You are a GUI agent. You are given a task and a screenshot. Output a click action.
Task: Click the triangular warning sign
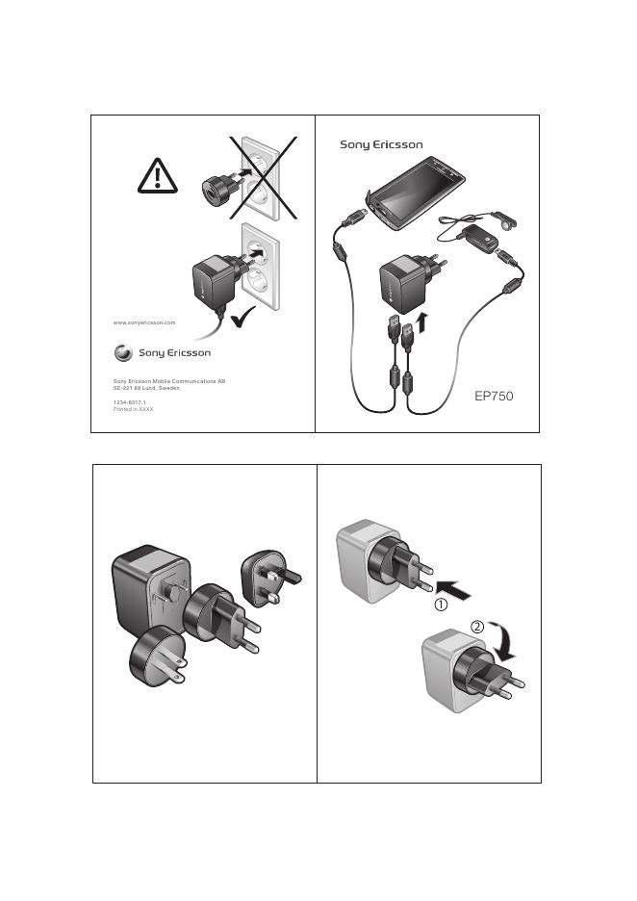tap(158, 177)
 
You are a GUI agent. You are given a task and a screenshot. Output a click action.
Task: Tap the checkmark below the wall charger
tap(242, 318)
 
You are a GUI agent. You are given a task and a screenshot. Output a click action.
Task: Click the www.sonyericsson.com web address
tap(144, 322)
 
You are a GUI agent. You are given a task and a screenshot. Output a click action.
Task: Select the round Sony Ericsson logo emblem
tap(123, 353)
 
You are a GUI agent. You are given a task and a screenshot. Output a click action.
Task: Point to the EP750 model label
tap(494, 396)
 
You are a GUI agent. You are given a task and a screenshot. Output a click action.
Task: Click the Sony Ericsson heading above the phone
tap(381, 144)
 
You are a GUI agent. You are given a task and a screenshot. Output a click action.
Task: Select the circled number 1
tap(441, 605)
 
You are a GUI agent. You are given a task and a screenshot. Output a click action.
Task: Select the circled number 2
tap(477, 627)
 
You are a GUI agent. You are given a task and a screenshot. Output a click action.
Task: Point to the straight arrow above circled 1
tap(453, 590)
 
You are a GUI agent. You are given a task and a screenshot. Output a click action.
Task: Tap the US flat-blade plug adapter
tap(158, 656)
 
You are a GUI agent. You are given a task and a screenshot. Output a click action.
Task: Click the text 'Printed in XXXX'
tap(133, 409)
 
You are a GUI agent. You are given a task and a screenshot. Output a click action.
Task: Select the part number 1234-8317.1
tap(129, 402)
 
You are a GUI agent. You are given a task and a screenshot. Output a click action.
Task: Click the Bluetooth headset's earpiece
tap(506, 221)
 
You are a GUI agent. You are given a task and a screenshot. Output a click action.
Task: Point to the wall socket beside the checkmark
tap(260, 267)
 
